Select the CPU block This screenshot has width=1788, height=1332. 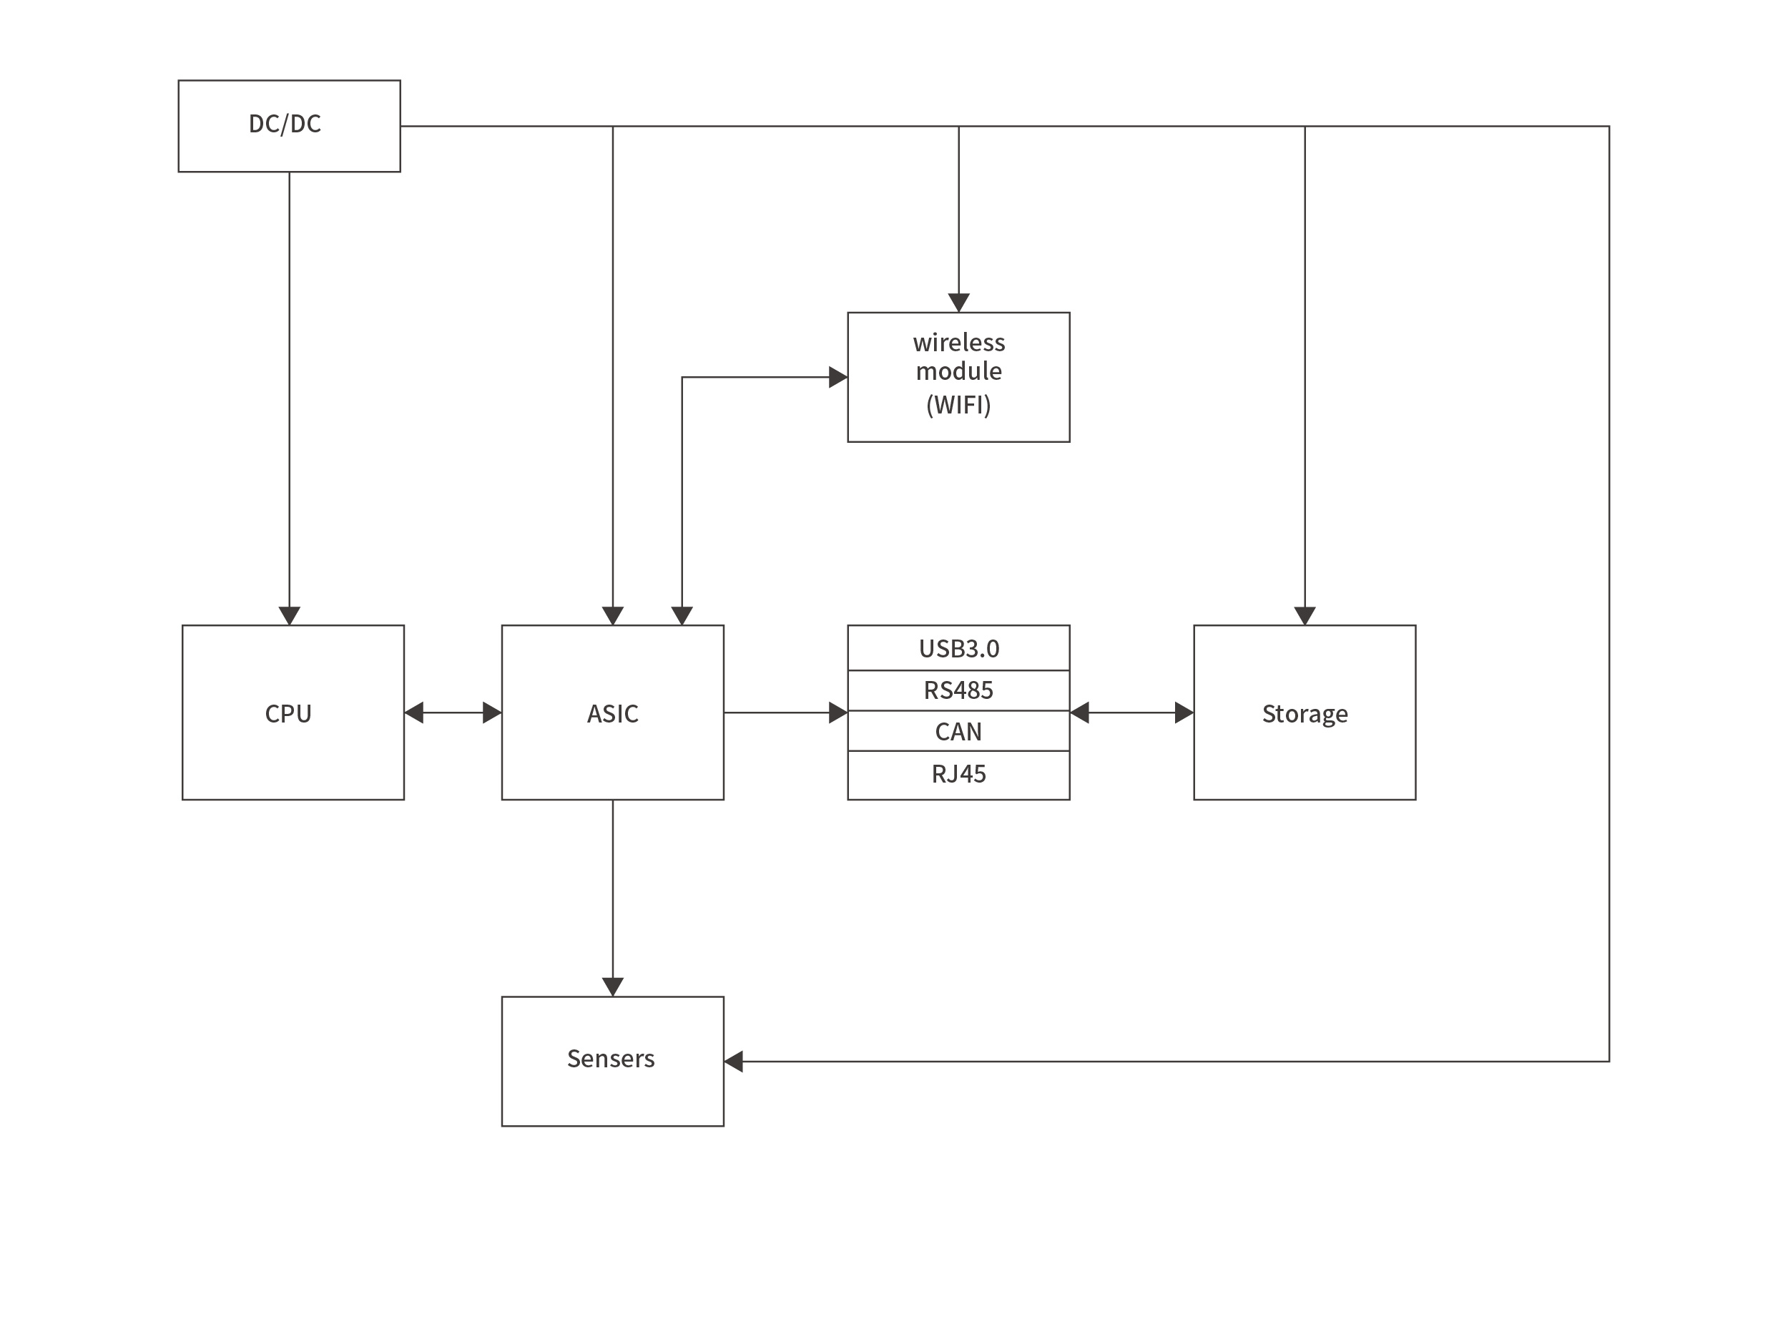293,712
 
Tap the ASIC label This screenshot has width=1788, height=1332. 612,714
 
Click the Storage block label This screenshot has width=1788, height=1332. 1304,714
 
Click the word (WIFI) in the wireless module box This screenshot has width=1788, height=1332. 958,405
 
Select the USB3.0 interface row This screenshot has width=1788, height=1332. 958,648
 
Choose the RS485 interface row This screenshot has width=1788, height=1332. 958,690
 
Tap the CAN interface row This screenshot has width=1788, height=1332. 958,731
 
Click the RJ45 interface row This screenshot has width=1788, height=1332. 958,774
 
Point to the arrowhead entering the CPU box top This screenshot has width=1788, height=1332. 290,616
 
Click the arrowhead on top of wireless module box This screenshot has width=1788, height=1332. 958,303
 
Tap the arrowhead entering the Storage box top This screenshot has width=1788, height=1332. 1304,616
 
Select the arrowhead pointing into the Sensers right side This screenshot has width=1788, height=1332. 733,1061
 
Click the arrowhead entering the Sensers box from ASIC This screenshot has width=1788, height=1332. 612,987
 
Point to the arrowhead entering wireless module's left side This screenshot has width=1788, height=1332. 838,376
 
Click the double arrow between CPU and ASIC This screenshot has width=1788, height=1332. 452,712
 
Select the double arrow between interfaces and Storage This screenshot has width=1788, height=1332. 1130,712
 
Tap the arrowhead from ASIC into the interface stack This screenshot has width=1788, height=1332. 838,712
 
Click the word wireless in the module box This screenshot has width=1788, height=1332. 958,343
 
